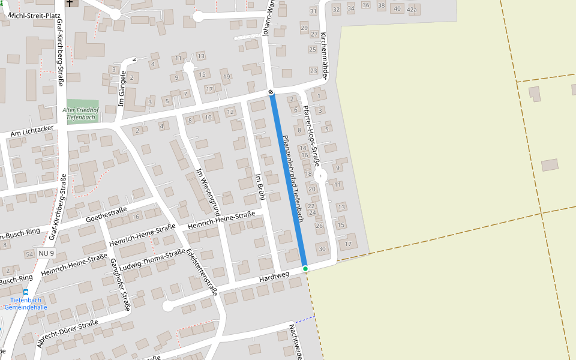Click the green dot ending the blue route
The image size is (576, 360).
tap(305, 268)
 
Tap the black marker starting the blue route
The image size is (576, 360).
tap(271, 92)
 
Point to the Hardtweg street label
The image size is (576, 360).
tap(274, 277)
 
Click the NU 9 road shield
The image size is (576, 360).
tap(46, 254)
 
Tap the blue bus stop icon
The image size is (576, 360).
tap(26, 292)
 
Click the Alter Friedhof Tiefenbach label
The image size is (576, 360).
tap(81, 114)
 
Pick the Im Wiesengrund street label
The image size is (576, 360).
tap(208, 193)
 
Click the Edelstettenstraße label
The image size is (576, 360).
tap(202, 272)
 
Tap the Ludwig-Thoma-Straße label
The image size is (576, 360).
tap(152, 261)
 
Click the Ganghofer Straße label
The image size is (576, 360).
tap(120, 285)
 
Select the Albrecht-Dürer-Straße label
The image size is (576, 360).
tap(68, 334)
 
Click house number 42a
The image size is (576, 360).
tap(412, 10)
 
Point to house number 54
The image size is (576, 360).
tap(29, 255)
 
